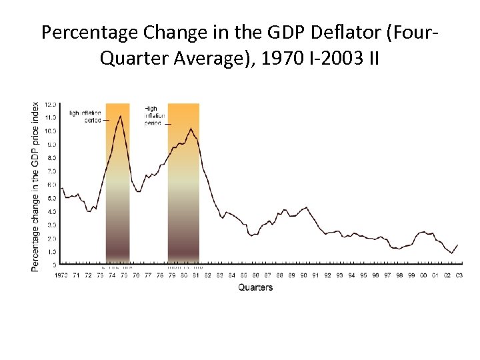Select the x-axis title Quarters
pyautogui.click(x=255, y=287)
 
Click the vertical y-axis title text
pyautogui.click(x=35, y=186)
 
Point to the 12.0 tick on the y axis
pyautogui.click(x=51, y=105)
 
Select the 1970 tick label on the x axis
pyautogui.click(x=61, y=275)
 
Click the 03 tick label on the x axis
pyautogui.click(x=459, y=275)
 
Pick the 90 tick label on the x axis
pyautogui.click(x=303, y=275)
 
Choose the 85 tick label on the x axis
pyautogui.click(x=244, y=275)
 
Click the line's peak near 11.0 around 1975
pyautogui.click(x=120, y=116)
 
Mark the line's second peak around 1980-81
pyautogui.click(x=191, y=128)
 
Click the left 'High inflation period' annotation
pyautogui.click(x=86, y=117)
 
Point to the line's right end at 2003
pyautogui.click(x=458, y=245)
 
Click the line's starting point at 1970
pyautogui.click(x=61, y=189)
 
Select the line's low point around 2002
pyautogui.click(x=451, y=253)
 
